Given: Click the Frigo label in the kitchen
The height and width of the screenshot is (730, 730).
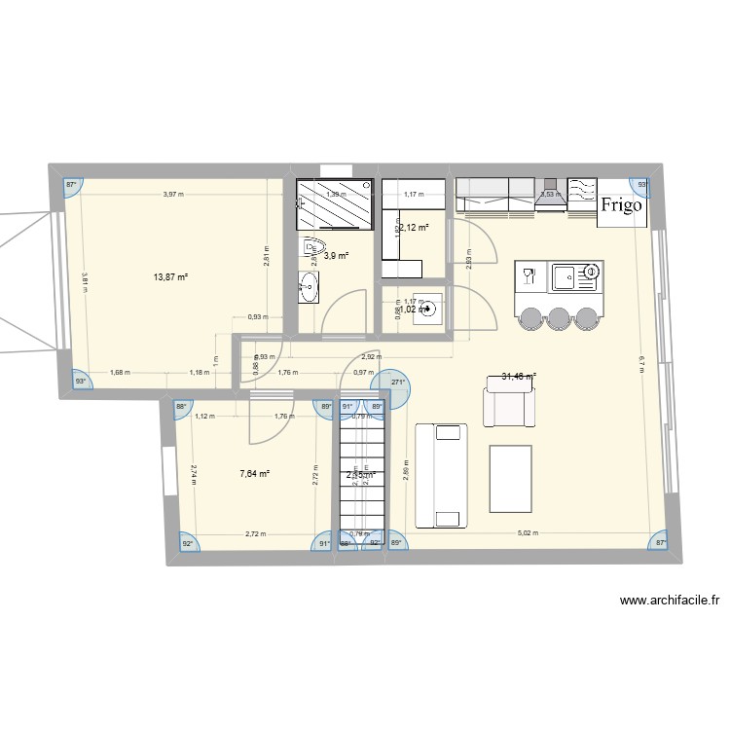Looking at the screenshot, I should (621, 205).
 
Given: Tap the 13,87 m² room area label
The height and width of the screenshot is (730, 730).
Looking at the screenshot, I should (169, 276).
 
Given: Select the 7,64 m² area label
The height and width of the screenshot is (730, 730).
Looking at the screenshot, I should (254, 474).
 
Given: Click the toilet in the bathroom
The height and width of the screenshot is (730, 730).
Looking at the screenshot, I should (314, 251).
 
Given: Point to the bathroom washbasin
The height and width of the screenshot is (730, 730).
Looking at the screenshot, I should (309, 287).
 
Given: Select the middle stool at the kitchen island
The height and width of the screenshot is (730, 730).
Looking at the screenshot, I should (558, 319).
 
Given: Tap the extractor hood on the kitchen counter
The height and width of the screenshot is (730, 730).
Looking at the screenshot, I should (550, 193).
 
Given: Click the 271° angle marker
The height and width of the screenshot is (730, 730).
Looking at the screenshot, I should (398, 383).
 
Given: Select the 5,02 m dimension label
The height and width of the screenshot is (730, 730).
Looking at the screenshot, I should (526, 533).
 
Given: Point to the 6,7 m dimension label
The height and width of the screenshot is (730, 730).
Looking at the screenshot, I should (643, 361).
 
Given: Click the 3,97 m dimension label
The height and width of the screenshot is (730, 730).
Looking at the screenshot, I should (173, 195).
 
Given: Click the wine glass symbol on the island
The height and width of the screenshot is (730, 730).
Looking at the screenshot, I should (529, 275).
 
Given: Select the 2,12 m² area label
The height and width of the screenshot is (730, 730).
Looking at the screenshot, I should (414, 228).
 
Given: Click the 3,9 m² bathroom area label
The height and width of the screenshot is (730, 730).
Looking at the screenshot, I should (337, 256).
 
